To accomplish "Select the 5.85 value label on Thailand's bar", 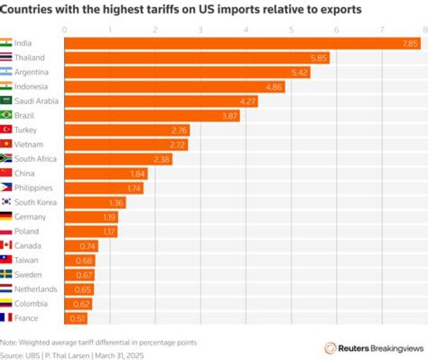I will [319, 58].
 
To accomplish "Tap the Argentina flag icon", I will [7, 72].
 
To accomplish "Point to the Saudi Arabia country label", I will [36, 101].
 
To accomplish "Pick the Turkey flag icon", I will [7, 130].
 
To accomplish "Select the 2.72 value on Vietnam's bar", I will [178, 145].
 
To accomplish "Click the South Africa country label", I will [36, 159].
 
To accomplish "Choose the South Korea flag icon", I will [7, 202].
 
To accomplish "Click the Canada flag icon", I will [7, 246].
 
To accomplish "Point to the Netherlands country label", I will [36, 289].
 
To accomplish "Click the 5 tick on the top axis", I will [291, 30].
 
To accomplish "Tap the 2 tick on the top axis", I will [155, 30].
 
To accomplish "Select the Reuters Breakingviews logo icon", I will [330, 348].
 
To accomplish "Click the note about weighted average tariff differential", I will [98, 342].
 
